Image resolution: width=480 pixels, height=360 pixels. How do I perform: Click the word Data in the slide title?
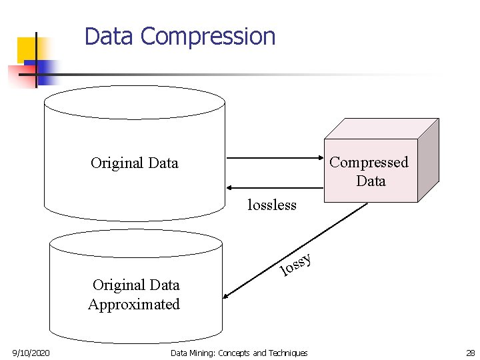coord(109,36)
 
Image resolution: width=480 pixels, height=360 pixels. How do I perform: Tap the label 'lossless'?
coord(271,205)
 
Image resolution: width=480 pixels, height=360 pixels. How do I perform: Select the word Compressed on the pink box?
coord(369,162)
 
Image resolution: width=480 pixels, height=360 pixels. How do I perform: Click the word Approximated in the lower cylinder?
coord(134,305)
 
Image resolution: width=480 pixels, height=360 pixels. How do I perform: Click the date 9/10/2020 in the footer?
coord(31,353)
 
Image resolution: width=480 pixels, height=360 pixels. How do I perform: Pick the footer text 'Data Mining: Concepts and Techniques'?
coord(239,353)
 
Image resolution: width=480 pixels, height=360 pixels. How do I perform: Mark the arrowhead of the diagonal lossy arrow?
coord(227,297)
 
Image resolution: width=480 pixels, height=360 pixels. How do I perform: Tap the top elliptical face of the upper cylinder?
coord(134,102)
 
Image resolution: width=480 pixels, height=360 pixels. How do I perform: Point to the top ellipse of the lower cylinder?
coord(135,244)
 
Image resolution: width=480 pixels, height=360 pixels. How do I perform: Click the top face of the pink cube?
coord(380,129)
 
